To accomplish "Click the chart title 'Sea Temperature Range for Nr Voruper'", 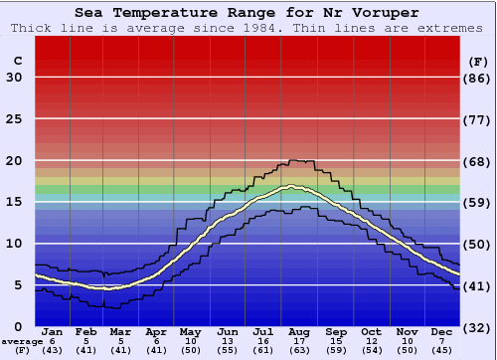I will (x=248, y=12).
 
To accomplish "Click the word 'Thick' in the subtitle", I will (x=31, y=28).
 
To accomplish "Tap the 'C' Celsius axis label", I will (x=17, y=62).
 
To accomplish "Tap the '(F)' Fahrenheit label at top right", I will (x=477, y=62).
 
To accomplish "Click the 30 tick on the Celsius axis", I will (x=14, y=78).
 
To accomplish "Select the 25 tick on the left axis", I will (x=14, y=119).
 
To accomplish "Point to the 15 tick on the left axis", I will (x=14, y=202).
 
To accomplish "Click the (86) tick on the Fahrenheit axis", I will (x=478, y=78).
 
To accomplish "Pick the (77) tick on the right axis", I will (x=478, y=119).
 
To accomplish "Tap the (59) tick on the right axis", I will (x=478, y=202).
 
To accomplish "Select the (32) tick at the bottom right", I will (x=478, y=327).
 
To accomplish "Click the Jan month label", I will (x=53, y=332).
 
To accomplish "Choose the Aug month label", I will (x=300, y=332).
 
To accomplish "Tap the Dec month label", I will (x=442, y=332).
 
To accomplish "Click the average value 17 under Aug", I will (x=300, y=341).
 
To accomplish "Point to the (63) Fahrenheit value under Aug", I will (x=300, y=350).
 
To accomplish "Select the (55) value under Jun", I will (x=229, y=350).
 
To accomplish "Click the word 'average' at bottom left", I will (x=22, y=341).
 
